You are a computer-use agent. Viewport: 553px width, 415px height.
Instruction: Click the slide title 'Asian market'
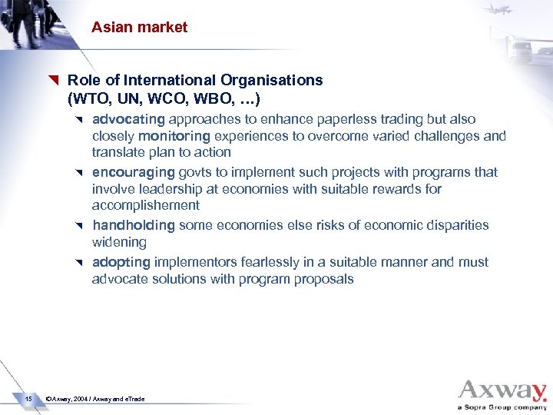coord(139,27)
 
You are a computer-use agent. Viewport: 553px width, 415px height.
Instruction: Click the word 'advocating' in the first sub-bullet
coord(128,119)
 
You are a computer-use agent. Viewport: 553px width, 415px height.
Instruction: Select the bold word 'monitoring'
coord(174,136)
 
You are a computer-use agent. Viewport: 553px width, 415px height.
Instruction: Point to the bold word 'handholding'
coord(134,225)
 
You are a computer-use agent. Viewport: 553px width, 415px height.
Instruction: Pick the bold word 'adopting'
coord(121,262)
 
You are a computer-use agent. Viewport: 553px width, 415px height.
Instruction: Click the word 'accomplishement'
coord(145,205)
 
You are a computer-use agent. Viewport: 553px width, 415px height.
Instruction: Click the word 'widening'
coord(119,242)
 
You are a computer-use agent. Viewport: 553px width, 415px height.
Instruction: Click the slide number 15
coord(28,398)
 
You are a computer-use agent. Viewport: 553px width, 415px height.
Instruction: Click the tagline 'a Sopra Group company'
coord(502,407)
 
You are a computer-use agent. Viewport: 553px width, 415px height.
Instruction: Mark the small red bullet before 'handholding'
coord(79,225)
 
